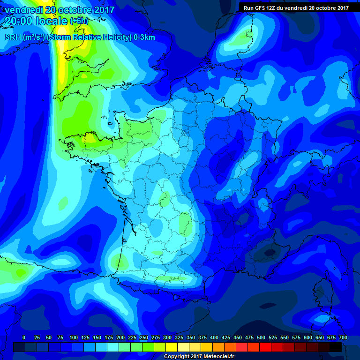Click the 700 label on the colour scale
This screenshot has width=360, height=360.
[x=343, y=337]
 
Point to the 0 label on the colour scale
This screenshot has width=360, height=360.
[x=24, y=337]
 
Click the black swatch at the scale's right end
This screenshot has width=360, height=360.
[x=336, y=347]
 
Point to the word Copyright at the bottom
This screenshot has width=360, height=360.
[x=178, y=357]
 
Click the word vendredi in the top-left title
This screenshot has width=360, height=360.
[x=24, y=10]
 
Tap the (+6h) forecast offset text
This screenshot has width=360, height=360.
[x=79, y=21]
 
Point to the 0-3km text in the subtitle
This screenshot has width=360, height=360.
[x=144, y=37]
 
